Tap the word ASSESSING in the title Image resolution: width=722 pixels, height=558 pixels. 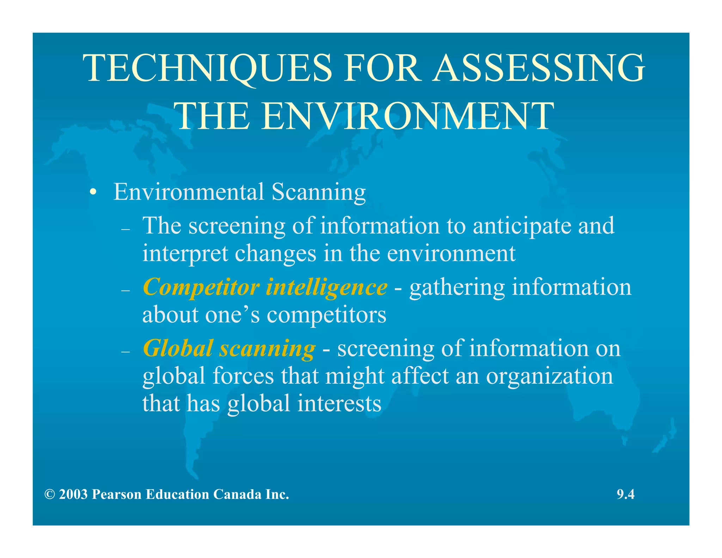pyautogui.click(x=539, y=68)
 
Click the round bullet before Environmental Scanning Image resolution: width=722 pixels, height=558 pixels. pyautogui.click(x=93, y=193)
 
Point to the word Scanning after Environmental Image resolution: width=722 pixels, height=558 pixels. pyautogui.click(x=318, y=193)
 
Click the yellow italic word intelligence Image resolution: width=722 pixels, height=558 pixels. pyautogui.click(x=326, y=287)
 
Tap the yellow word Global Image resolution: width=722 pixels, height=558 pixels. pyautogui.click(x=178, y=348)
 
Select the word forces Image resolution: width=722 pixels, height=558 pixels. pyautogui.click(x=243, y=376)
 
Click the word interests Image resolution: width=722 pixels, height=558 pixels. pyautogui.click(x=339, y=403)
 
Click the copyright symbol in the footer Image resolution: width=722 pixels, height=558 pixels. pyautogui.click(x=50, y=495)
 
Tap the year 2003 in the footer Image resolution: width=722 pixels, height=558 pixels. pyautogui.click(x=73, y=495)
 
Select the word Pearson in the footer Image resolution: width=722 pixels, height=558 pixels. pyautogui.click(x=117, y=495)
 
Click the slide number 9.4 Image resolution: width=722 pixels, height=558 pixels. pyautogui.click(x=625, y=495)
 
